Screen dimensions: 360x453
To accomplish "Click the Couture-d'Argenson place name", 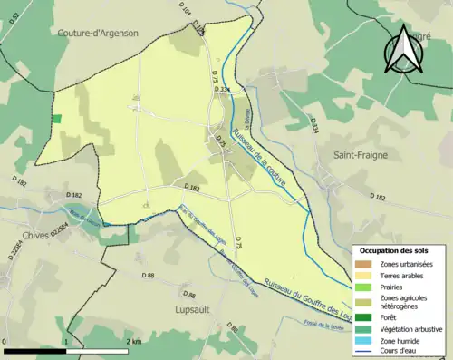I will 98,34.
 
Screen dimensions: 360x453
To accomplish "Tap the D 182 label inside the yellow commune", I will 191,188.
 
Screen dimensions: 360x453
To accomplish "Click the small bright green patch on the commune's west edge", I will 56,119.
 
